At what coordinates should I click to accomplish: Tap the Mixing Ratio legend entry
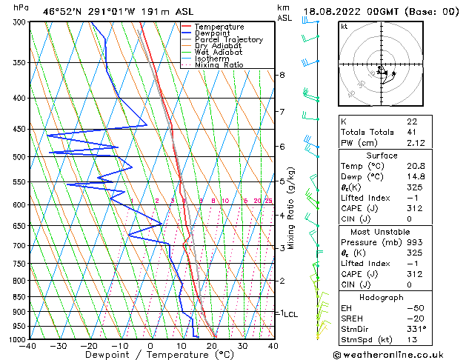tap(219, 65)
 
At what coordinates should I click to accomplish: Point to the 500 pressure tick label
tap(18, 157)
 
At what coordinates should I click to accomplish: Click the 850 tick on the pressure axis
tap(18, 297)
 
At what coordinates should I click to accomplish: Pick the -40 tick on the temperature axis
tap(29, 345)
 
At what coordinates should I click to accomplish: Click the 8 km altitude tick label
tap(282, 76)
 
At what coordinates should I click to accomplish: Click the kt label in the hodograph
tap(344, 27)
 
